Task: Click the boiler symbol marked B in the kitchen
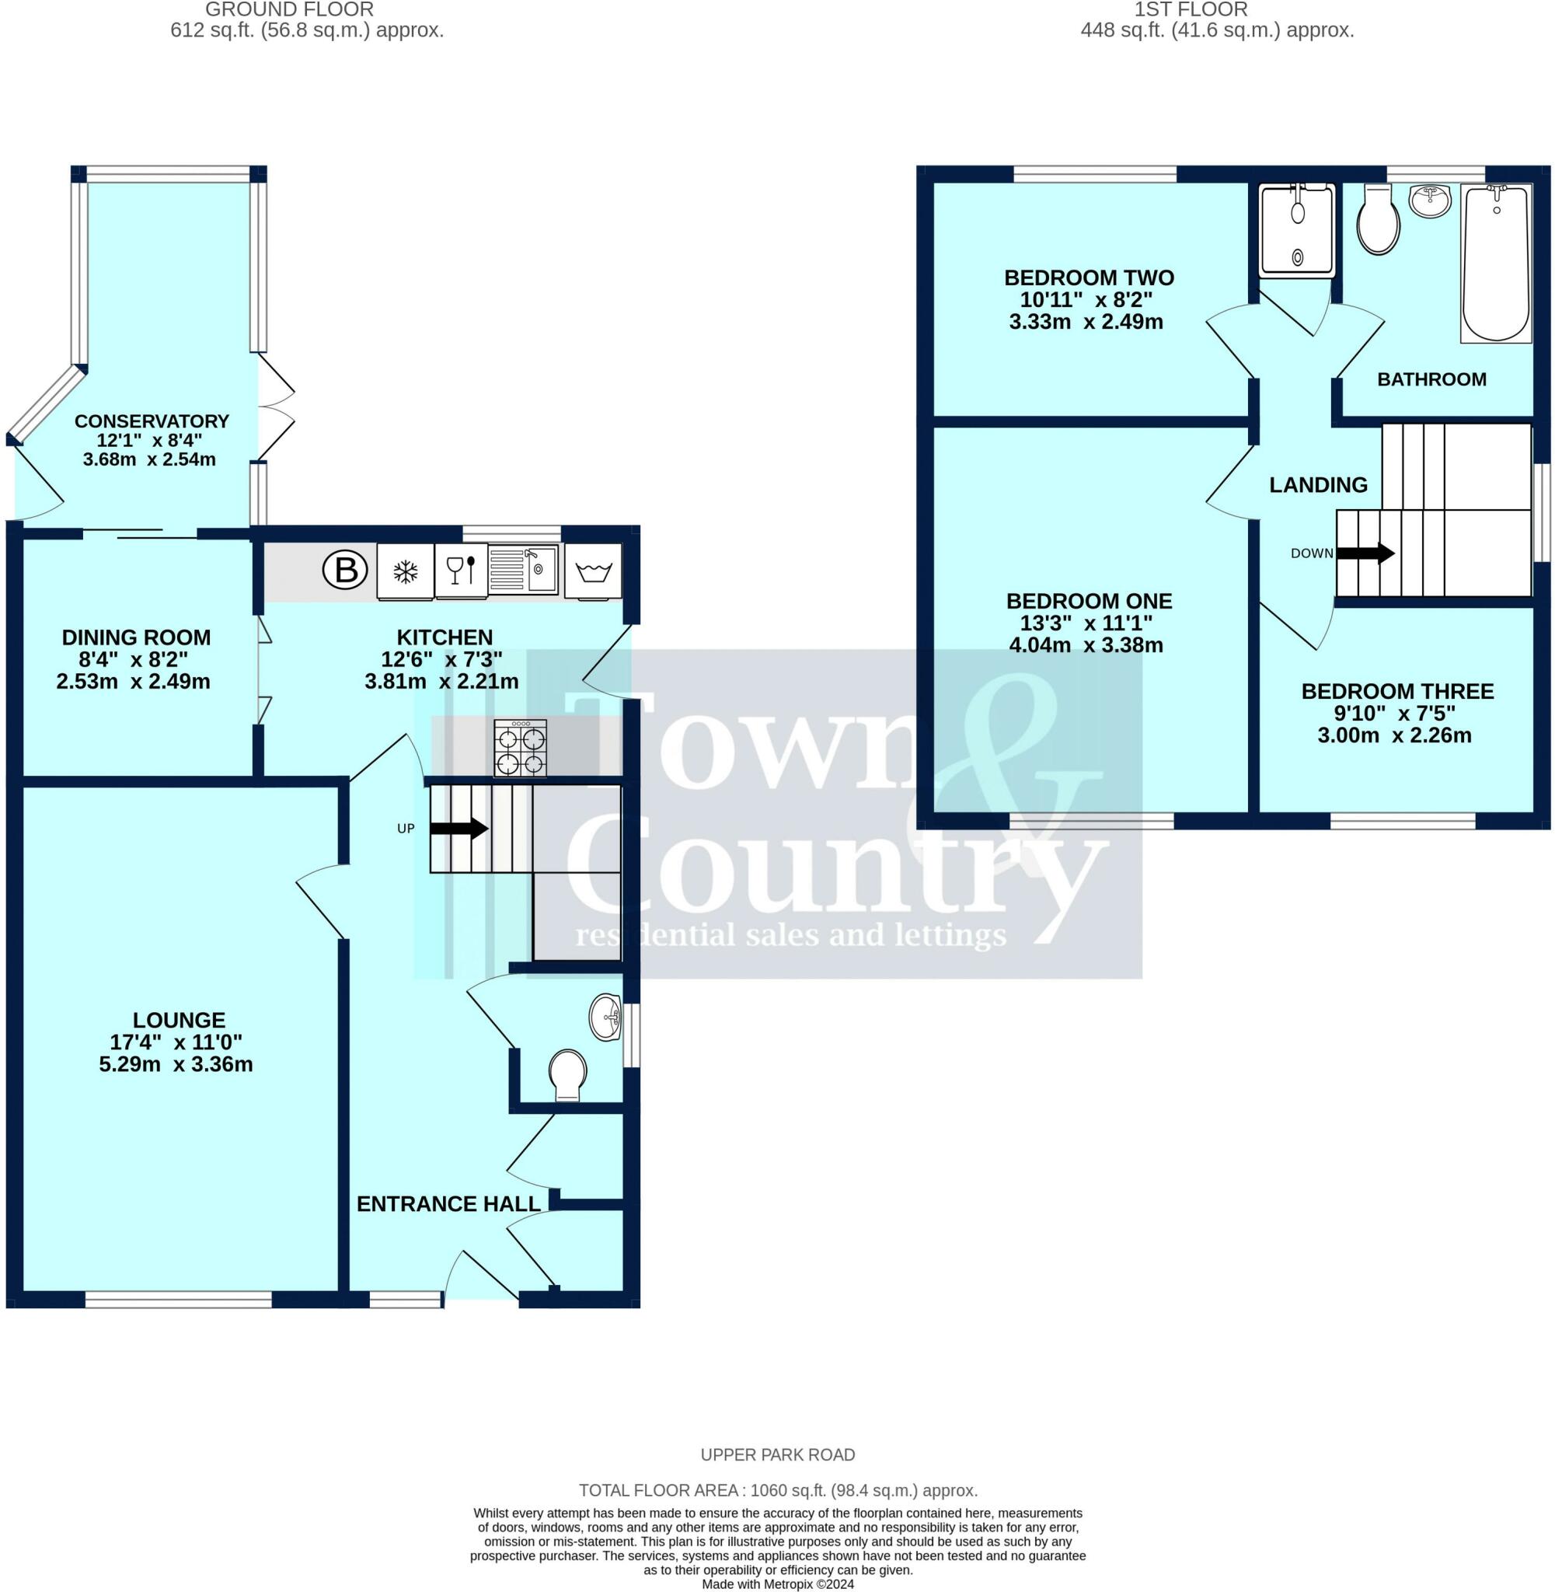point(346,569)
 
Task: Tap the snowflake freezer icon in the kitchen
point(405,571)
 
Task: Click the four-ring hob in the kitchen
point(520,747)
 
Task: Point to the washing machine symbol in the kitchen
point(594,571)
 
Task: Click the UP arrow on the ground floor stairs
point(459,829)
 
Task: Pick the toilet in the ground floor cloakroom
point(567,1075)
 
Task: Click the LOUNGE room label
point(179,1019)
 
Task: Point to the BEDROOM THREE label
point(1397,691)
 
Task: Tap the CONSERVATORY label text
point(152,421)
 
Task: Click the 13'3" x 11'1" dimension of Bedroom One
point(1086,623)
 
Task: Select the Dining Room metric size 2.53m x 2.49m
point(133,680)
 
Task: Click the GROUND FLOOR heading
point(289,10)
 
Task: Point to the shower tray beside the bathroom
point(1298,229)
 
